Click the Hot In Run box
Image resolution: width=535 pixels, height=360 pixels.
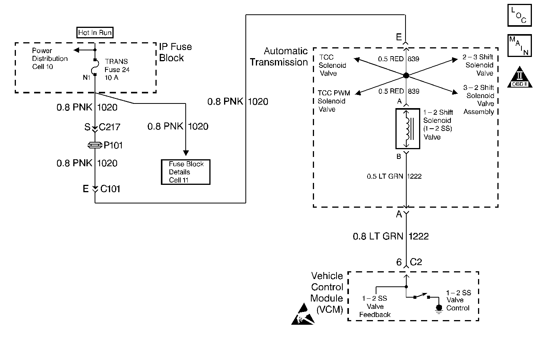pos(95,33)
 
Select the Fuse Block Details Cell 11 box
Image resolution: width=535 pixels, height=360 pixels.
pos(186,172)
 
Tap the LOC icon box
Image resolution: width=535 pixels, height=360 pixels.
pos(519,15)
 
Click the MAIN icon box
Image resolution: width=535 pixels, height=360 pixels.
pos(519,46)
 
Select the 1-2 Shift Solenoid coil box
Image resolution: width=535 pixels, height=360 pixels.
pos(408,129)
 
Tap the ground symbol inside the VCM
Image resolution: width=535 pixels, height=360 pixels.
pos(439,309)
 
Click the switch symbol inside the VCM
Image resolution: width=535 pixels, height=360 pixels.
pos(422,296)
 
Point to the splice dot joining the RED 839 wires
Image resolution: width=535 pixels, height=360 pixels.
pos(406,76)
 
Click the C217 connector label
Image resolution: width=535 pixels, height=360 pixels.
pos(109,127)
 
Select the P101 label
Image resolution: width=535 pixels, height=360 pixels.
pos(113,145)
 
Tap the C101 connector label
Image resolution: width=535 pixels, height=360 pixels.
pos(110,189)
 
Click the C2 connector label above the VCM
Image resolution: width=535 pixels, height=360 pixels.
pos(416,262)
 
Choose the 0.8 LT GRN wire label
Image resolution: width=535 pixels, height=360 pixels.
pos(378,236)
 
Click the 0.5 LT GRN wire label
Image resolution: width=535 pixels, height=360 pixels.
pos(385,176)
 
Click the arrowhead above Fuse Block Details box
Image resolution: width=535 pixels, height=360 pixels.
pos(186,153)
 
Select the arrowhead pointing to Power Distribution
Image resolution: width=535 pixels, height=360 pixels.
pos(76,50)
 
